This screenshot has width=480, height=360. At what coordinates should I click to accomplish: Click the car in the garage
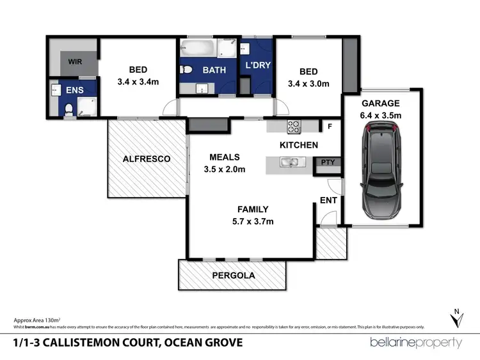381,171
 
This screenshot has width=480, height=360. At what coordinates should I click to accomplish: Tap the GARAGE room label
381,103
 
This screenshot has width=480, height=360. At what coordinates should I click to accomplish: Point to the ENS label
75,91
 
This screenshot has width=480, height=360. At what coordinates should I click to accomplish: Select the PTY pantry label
328,162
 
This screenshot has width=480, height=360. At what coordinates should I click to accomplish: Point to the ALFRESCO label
147,159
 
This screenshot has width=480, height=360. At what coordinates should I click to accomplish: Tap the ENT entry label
329,200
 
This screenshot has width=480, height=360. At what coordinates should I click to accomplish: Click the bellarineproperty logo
416,342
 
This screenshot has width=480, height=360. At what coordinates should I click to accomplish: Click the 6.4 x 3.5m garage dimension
381,115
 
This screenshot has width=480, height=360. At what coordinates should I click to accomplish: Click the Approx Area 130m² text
37,319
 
